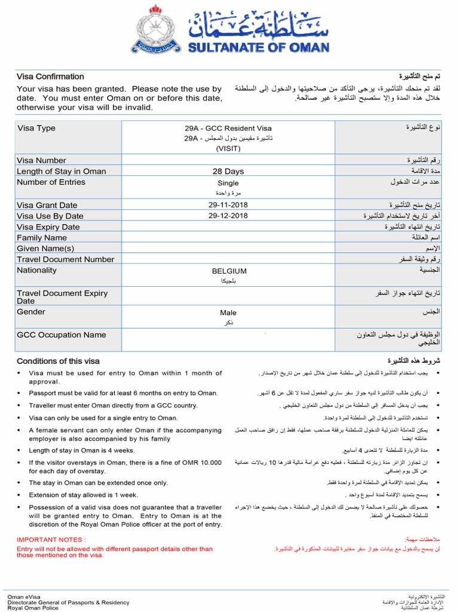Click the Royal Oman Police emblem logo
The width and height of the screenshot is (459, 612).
156,29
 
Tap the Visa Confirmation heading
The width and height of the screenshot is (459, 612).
50,76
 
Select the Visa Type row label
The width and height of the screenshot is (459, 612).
36,128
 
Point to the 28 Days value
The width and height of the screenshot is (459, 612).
228,172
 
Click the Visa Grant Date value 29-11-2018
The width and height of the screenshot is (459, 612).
228,205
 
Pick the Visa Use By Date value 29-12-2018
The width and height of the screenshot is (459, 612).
228,216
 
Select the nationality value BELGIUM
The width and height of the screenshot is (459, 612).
229,271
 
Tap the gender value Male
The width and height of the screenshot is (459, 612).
228,313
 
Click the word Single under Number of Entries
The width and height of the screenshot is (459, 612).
228,183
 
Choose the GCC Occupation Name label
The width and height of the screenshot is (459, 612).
61,335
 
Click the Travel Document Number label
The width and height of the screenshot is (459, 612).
65,259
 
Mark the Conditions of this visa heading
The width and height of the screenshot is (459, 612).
58,361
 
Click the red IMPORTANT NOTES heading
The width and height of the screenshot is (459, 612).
51,540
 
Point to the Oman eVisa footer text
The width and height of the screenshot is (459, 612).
25,596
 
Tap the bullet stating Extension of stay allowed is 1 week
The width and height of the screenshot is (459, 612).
83,495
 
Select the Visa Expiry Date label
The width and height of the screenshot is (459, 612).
48,227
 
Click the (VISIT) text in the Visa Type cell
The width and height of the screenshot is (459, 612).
228,149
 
